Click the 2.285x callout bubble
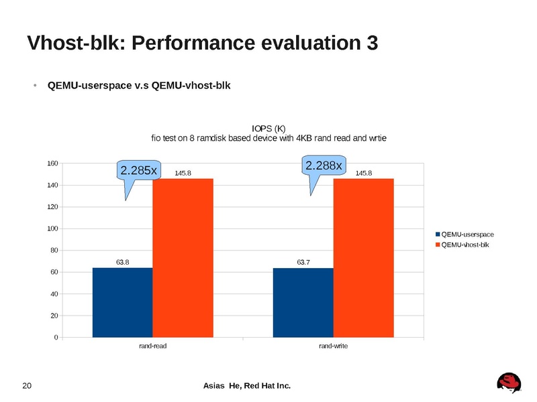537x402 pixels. tap(138, 171)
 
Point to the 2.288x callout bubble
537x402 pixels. tap(324, 164)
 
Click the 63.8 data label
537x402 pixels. tap(123, 262)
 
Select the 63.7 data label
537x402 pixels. tap(303, 262)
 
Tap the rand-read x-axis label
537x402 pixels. tap(152, 346)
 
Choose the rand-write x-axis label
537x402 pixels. tap(333, 346)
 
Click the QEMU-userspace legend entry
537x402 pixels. tap(467, 234)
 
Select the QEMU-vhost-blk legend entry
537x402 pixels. tap(465, 245)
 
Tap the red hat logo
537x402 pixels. tap(509, 383)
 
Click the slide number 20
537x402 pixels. tap(28, 385)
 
